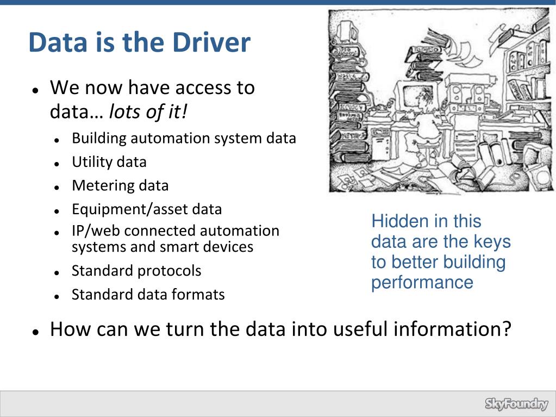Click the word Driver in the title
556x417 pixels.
[x=214, y=42]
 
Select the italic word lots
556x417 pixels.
[x=124, y=112]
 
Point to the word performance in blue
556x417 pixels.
[x=422, y=283]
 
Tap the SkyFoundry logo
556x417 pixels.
[x=516, y=404]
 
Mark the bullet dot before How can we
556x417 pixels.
[x=34, y=331]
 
